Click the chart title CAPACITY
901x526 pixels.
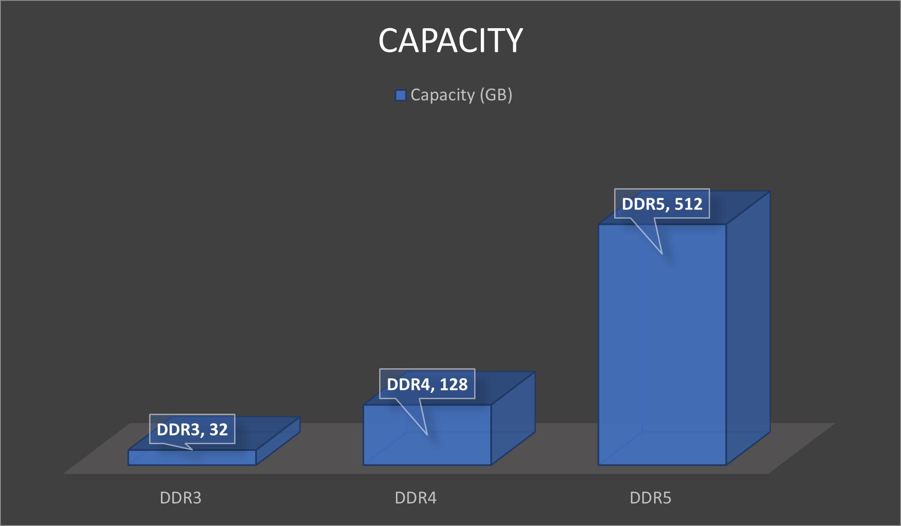tap(450, 40)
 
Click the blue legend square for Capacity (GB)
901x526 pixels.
tap(400, 95)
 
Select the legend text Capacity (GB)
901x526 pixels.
tap(461, 95)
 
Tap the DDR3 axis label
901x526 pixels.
tap(180, 498)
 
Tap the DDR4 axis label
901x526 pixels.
tap(415, 498)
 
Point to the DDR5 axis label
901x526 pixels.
tap(651, 498)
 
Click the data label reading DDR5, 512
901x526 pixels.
tap(662, 204)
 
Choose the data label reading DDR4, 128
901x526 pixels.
tap(427, 384)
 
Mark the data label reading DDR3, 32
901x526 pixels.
tap(192, 429)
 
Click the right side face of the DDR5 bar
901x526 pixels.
tap(748, 327)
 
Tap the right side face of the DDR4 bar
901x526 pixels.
tap(513, 418)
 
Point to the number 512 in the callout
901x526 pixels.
tap(688, 204)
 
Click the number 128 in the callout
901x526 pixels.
tap(453, 384)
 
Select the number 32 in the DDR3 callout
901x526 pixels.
tap(218, 429)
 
